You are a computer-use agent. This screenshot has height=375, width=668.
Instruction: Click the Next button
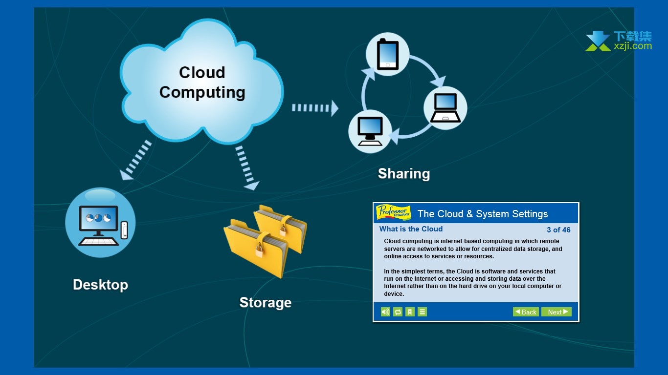coord(557,312)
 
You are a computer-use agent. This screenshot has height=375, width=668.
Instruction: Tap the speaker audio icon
coord(385,312)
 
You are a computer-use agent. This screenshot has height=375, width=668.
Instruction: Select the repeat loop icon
coord(398,312)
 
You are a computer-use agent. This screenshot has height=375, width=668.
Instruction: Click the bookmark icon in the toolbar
coord(410,312)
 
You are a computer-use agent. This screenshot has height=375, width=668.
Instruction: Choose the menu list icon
coord(422,312)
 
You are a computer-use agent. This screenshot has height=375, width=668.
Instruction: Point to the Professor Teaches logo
coord(393,212)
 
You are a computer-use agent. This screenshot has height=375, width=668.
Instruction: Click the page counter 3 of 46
coord(558,229)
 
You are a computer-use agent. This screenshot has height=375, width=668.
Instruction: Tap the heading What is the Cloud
coord(411,229)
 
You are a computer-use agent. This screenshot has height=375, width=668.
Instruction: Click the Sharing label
coord(404,174)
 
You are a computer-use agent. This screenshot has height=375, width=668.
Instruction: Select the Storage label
coord(266,303)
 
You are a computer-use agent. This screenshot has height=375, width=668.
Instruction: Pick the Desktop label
coord(101,285)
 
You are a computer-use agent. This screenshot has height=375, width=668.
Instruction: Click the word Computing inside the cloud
coord(202,92)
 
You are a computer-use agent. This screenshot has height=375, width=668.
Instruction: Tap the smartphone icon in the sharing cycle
coord(387,55)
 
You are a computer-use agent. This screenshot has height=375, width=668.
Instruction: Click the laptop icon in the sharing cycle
coord(445,108)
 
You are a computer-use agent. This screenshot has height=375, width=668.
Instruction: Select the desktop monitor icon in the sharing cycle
coord(370,131)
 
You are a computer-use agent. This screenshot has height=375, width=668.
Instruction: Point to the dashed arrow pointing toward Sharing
coord(315,108)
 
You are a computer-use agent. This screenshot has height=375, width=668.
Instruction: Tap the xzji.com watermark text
coord(633,46)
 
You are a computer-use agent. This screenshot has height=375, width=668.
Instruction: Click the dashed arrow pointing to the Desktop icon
coord(135,160)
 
